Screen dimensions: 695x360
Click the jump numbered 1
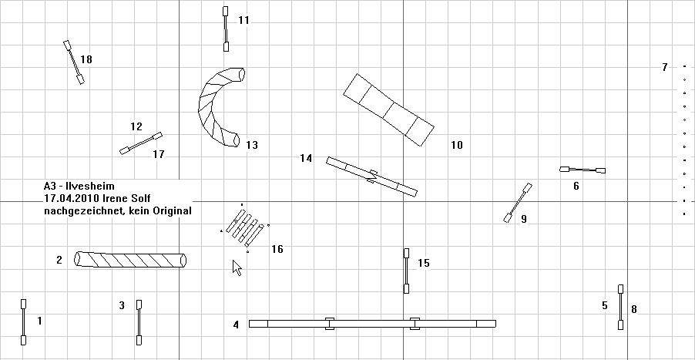click(x=23, y=322)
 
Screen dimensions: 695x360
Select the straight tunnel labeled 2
click(x=130, y=259)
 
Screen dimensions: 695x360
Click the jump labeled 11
click(x=226, y=29)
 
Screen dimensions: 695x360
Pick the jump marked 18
click(x=74, y=62)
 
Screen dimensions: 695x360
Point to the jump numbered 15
click(x=406, y=271)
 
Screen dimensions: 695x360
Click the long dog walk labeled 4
click(x=372, y=324)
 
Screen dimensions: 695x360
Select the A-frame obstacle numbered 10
click(x=388, y=109)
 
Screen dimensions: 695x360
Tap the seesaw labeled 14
click(x=372, y=177)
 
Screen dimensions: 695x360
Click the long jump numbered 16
click(x=245, y=228)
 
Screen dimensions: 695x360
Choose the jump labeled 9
click(x=518, y=203)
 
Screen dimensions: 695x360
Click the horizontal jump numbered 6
click(x=583, y=170)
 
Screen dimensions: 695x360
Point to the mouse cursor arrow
click(x=237, y=267)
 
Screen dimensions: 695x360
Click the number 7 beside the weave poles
click(x=664, y=67)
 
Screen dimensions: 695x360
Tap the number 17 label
click(x=159, y=154)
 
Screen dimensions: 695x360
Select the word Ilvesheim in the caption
click(x=89, y=187)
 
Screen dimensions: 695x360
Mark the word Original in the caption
click(x=173, y=211)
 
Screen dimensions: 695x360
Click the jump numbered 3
click(x=139, y=322)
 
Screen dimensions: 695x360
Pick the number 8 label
click(x=634, y=309)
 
